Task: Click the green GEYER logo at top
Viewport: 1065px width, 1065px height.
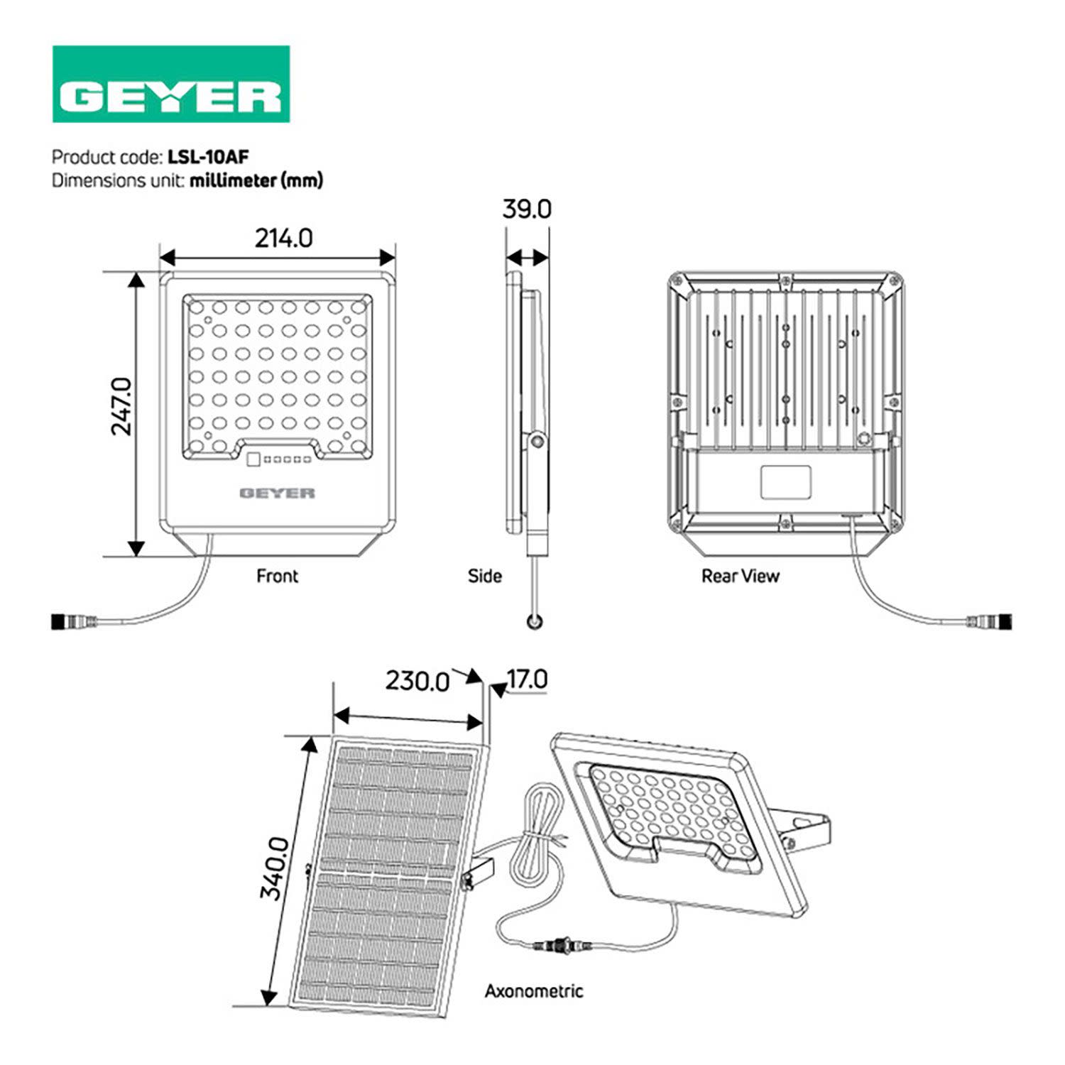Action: pos(171,84)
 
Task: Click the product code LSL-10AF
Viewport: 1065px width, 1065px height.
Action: pos(208,156)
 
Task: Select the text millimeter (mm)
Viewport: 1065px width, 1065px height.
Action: pos(256,180)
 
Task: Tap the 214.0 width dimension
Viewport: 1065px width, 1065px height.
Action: pos(284,239)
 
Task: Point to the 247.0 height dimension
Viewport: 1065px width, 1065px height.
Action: pos(122,406)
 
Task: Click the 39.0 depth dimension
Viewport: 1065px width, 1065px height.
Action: pos(526,209)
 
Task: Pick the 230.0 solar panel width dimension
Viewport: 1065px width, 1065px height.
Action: pos(417,682)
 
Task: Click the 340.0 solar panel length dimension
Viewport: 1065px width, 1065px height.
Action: pos(274,868)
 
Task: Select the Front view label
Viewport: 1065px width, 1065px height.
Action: pos(277,576)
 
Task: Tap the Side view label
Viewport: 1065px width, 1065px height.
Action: pos(484,576)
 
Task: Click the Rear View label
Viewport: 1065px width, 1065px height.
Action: pos(740,576)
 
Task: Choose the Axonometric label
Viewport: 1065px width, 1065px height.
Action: pos(533,991)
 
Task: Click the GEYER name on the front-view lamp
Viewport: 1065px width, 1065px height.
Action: pos(277,493)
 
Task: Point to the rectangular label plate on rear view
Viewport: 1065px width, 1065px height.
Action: pos(785,481)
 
